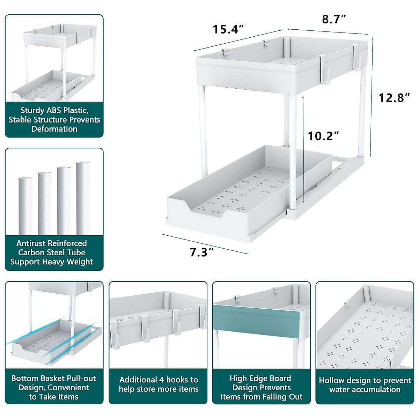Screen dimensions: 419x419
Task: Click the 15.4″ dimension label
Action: pos(228,29)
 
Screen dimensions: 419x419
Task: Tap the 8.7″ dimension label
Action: pos(334,19)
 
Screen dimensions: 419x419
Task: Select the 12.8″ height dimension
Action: pos(394,98)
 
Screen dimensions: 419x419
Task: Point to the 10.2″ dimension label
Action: pos(323,136)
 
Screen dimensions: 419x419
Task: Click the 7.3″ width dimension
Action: pos(201,252)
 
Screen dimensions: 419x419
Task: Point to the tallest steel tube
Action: pos(83,198)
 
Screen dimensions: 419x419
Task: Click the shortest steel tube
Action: pos(25,206)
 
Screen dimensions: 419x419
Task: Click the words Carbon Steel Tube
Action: pos(52,252)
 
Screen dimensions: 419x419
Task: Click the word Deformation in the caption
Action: pos(54,129)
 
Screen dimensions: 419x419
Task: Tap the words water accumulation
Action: pos(365,389)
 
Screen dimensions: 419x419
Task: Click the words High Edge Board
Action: pos(260,378)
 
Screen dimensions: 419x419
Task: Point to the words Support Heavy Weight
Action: pos(52,262)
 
